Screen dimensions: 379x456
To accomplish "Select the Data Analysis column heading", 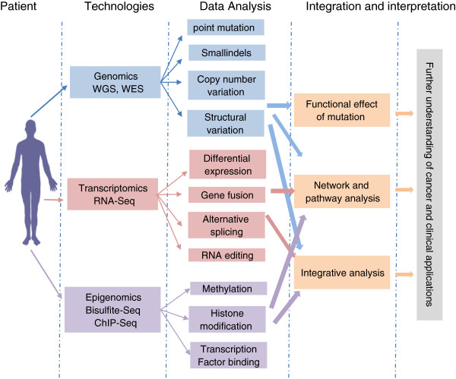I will (227, 7).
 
